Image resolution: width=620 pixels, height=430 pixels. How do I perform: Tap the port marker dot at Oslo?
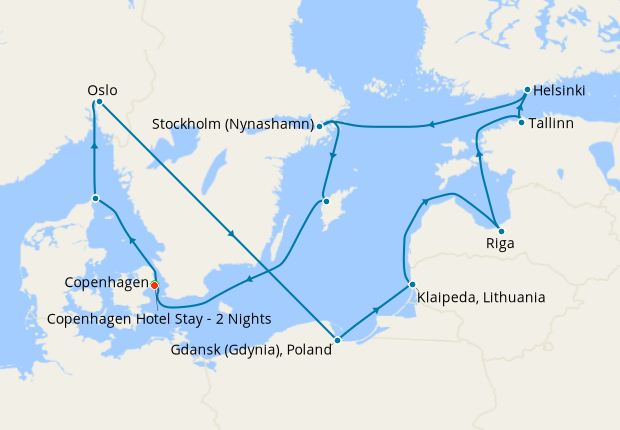click(x=99, y=102)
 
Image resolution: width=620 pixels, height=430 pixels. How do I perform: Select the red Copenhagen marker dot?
click(x=154, y=285)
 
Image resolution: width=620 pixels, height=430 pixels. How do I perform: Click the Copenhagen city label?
click(x=106, y=284)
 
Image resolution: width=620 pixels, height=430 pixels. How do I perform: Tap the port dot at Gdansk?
click(x=337, y=341)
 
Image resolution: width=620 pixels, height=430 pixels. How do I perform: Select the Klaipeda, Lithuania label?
click(x=483, y=297)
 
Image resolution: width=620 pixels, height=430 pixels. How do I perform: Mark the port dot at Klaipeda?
click(x=411, y=285)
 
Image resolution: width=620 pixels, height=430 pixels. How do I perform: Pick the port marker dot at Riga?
click(x=500, y=231)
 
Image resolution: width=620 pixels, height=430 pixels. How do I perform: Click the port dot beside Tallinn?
click(x=521, y=123)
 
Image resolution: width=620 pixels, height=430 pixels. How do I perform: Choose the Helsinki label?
click(x=559, y=91)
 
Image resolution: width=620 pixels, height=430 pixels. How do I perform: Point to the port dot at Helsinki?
click(x=526, y=90)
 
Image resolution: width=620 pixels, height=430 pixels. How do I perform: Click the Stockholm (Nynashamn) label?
click(x=232, y=125)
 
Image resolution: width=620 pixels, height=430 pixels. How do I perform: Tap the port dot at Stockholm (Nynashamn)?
click(x=319, y=126)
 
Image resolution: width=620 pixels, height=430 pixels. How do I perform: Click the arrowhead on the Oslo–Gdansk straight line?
click(x=232, y=235)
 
